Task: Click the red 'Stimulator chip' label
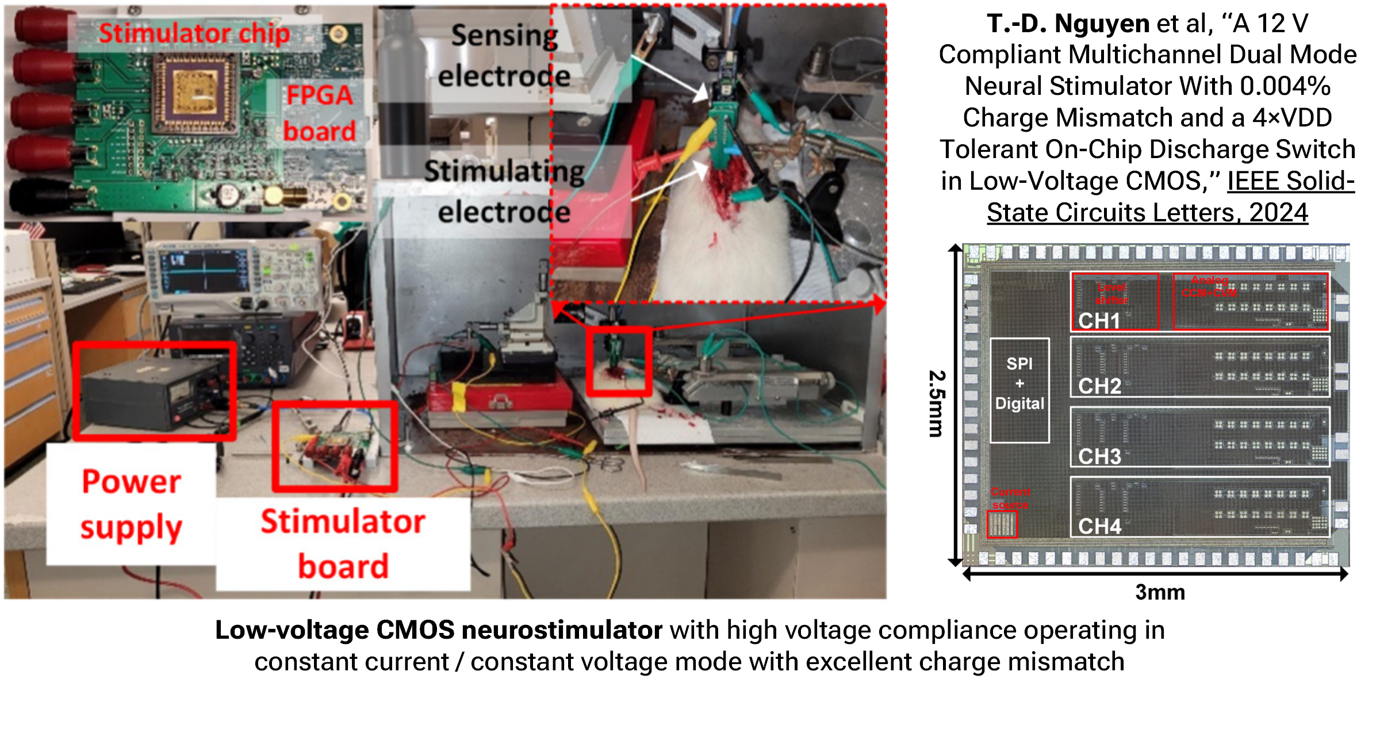click(194, 33)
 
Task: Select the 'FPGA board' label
click(320, 113)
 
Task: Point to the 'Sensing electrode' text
click(503, 56)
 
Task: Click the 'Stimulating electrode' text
click(504, 191)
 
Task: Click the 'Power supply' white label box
click(132, 504)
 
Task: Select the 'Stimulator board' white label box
click(343, 543)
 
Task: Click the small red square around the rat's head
click(619, 362)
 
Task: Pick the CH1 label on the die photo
click(1099, 320)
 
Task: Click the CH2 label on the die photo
click(1099, 386)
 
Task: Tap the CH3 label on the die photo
click(1099, 456)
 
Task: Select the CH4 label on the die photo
click(1099, 526)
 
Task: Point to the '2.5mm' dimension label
click(937, 404)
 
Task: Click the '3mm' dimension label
click(1160, 592)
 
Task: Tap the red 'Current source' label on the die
click(1010, 498)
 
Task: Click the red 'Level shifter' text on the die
click(1111, 293)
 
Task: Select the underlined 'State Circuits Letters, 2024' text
click(1147, 213)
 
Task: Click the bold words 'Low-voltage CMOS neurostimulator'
click(438, 630)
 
